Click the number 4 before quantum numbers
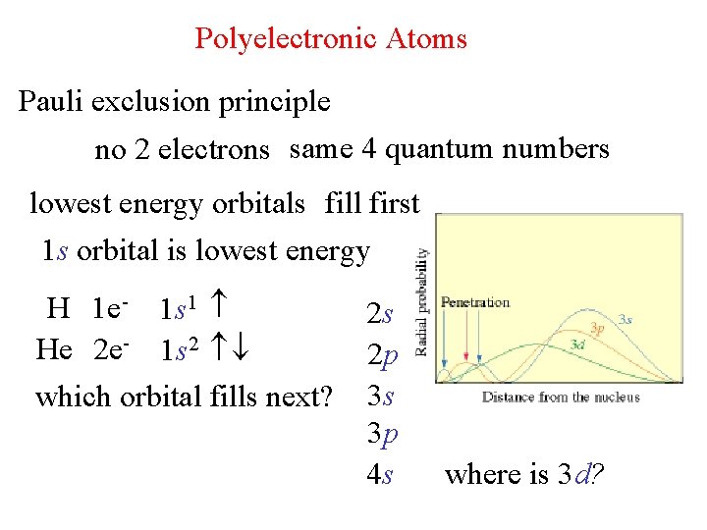[x=368, y=149]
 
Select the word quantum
[x=436, y=150]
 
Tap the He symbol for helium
[x=55, y=349]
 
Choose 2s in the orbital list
[x=380, y=315]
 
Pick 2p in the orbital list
[x=381, y=355]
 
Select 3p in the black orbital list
[x=381, y=435]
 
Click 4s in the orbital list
[x=380, y=475]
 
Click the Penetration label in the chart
[x=475, y=303]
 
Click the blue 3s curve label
[x=625, y=319]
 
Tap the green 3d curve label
[x=579, y=344]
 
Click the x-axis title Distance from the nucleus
[x=560, y=397]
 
